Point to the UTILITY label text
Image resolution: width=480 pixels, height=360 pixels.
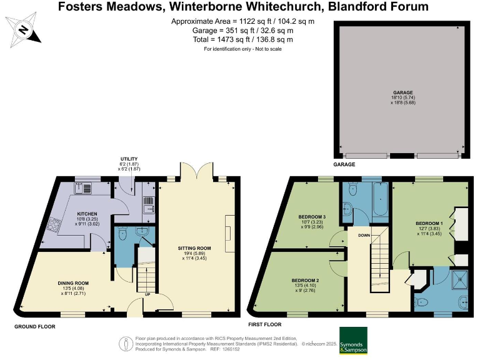129,159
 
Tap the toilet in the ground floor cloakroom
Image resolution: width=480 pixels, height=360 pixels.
122,233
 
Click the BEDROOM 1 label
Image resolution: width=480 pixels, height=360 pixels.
429,222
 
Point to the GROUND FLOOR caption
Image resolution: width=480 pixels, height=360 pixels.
36,326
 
